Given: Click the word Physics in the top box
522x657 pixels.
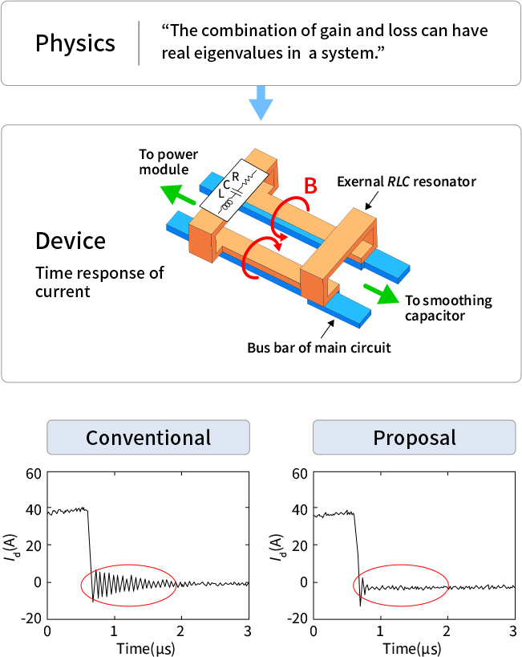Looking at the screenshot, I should pyautogui.click(x=75, y=43).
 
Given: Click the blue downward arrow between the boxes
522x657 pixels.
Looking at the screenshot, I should pyautogui.click(x=261, y=104).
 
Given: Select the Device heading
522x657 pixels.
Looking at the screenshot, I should pyautogui.click(x=70, y=241).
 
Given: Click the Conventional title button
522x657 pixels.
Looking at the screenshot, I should pyautogui.click(x=148, y=438).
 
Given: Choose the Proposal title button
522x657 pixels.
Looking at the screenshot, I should pyautogui.click(x=414, y=438).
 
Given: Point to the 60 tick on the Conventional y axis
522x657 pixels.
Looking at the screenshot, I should pyautogui.click(x=33, y=473).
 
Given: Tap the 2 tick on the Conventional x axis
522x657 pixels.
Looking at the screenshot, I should pyautogui.click(x=181, y=632).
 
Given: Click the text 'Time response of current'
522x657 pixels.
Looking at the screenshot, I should pyautogui.click(x=99, y=281).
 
